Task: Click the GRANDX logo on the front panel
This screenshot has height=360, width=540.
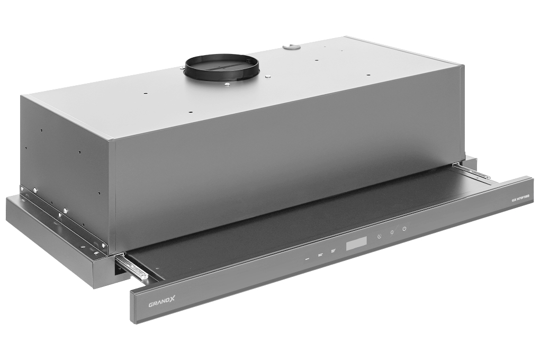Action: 161,304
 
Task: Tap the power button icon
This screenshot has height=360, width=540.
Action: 404,229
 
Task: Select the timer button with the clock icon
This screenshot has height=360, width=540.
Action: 379,237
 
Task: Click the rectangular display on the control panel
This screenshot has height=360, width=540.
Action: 356,244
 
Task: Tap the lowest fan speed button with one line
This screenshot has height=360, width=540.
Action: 308,258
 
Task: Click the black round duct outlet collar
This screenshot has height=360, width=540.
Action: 222,67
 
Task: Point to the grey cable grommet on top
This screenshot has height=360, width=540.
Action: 291,48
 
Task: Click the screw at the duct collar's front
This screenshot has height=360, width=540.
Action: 227,84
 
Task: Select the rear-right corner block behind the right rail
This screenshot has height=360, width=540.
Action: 470,161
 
